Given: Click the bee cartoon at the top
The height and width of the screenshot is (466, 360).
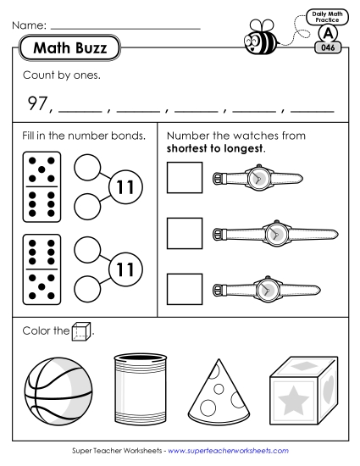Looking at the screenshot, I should coord(258,37).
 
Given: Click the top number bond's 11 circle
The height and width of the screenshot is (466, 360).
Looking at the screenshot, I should coord(126,188).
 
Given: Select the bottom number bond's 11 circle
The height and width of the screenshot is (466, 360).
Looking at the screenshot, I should coord(126,269).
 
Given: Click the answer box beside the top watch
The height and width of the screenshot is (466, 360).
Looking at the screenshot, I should coord(185,179).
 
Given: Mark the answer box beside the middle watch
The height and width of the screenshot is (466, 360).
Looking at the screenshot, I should coord(185,234).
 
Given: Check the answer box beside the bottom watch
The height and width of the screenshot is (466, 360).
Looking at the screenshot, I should coord(185,289).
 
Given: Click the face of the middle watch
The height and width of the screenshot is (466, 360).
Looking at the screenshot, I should coord(274,234).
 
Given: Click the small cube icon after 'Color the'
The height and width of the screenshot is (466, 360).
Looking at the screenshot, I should coord(81,331).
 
